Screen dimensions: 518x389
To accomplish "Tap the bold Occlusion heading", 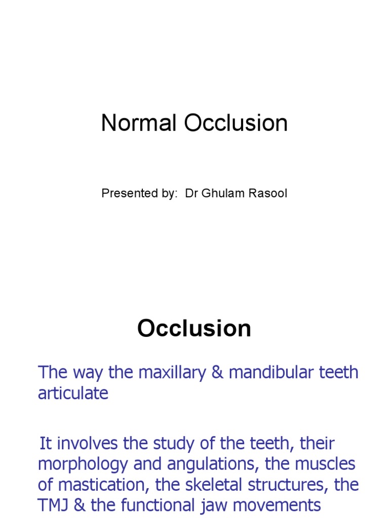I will click(x=194, y=329).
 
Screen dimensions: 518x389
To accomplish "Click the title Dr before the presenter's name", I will click(x=191, y=194).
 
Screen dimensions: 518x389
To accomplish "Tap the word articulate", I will click(x=73, y=394).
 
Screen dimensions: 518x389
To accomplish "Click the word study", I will click(x=189, y=444).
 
